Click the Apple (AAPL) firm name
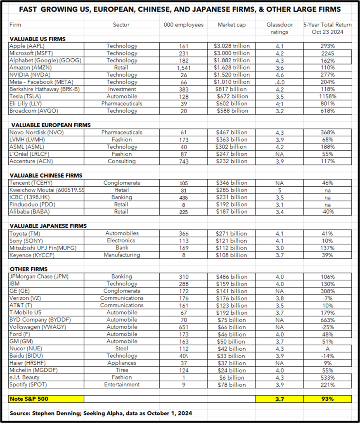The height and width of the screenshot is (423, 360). [27, 46]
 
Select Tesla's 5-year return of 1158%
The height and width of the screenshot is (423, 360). [327, 97]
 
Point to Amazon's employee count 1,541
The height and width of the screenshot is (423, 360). [184, 68]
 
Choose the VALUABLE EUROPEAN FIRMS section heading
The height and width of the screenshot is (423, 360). [51, 125]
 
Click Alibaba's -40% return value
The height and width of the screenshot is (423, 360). [327, 212]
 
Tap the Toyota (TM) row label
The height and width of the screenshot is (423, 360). [25, 233]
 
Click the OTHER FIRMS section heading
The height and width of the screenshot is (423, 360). [29, 269]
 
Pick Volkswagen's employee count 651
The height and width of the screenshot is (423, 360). [184, 327]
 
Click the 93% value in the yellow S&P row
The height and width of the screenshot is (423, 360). [327, 399]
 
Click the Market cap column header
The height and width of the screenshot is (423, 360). [232, 25]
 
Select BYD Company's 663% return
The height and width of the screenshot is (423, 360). [327, 320]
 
